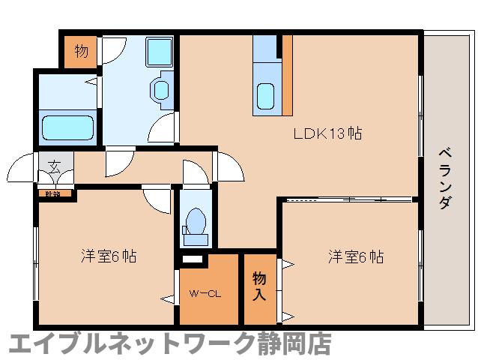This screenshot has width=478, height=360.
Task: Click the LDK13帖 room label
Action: [327, 134]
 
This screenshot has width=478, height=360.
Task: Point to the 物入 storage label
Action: [259, 286]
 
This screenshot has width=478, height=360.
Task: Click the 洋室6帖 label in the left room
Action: [109, 256]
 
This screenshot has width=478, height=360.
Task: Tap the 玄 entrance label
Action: [55, 166]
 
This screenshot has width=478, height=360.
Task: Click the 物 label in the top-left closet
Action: [81, 51]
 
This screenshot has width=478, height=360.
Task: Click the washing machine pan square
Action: [159, 52]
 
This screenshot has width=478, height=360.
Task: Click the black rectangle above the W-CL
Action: [193, 259]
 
